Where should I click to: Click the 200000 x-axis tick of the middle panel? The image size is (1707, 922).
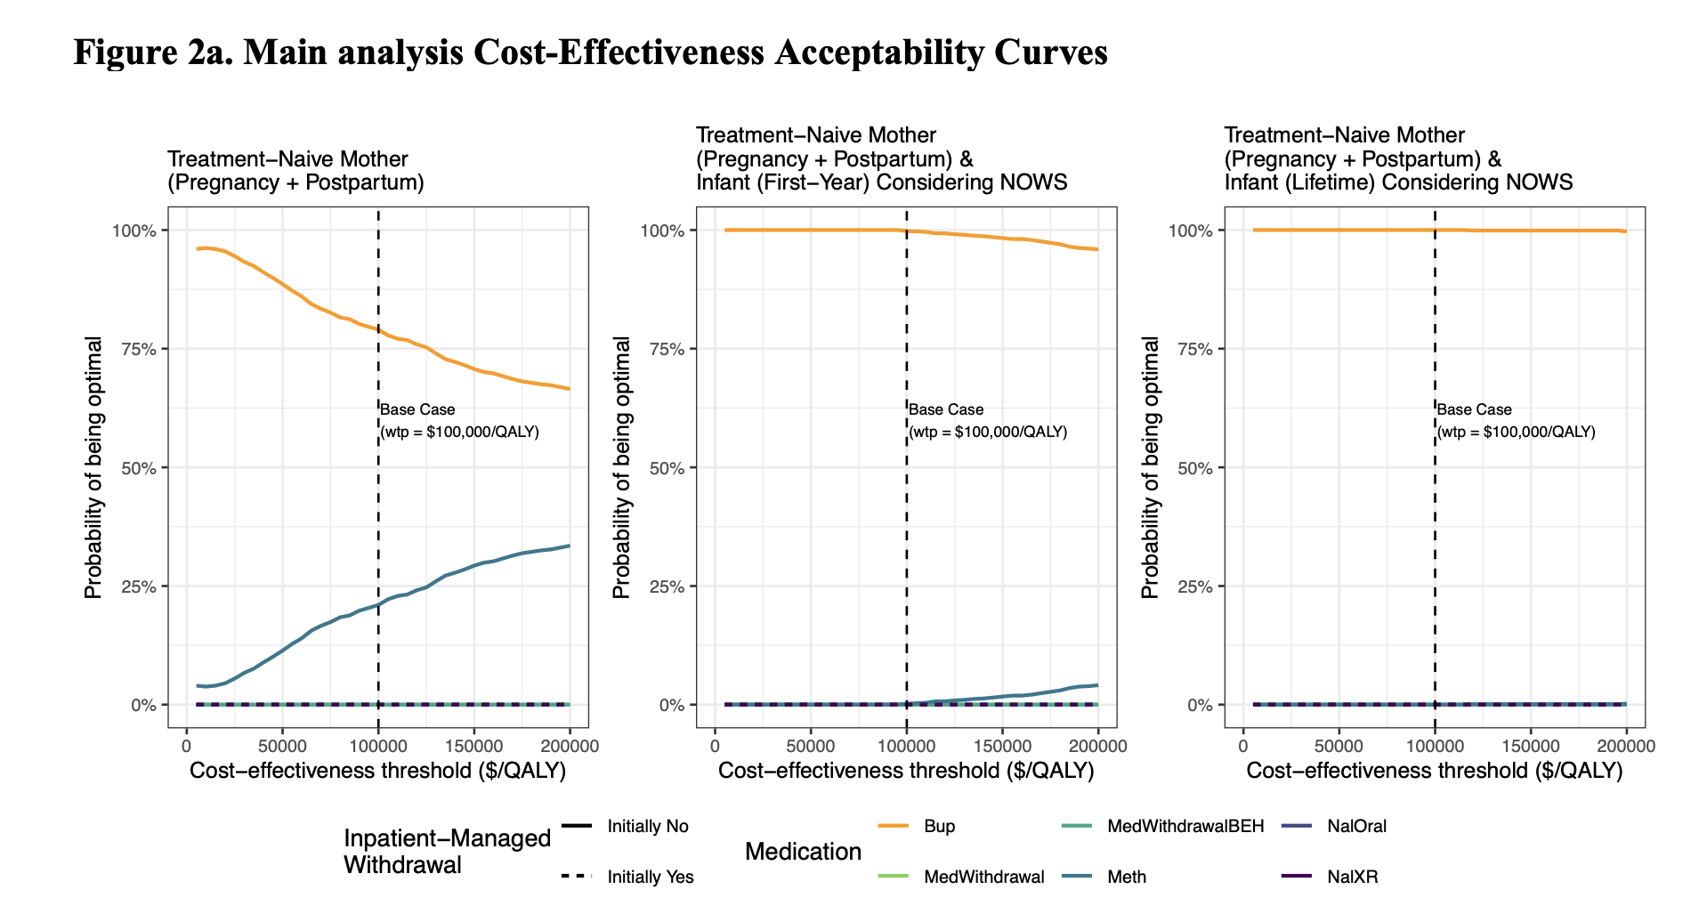pos(1097,747)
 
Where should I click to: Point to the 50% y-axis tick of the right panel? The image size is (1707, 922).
pos(1194,468)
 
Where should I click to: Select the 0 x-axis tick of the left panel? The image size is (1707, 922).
pos(186,747)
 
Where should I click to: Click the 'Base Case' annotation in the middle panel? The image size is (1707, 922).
pos(946,409)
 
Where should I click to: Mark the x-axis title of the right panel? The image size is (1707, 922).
pos(1434,771)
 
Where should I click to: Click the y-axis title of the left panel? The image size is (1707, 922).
pos(93,467)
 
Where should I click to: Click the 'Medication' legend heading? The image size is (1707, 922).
pos(803,852)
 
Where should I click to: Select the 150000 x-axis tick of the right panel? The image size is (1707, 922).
pos(1531,747)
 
